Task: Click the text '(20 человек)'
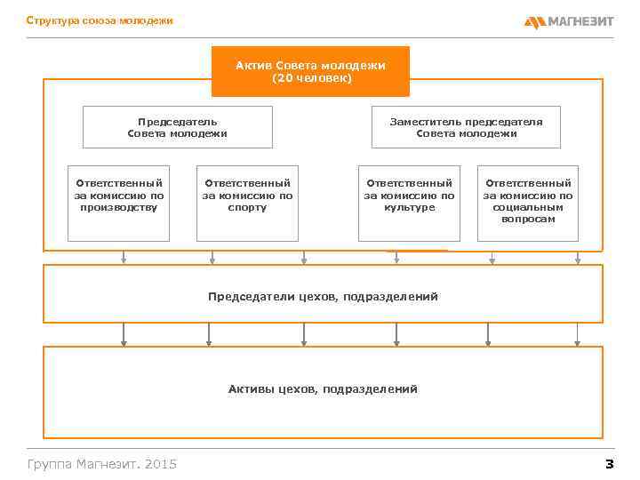click(310, 78)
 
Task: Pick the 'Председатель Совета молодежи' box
click(177, 127)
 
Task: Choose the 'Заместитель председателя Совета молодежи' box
click(466, 127)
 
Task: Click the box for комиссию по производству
click(118, 204)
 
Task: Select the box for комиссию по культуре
click(409, 204)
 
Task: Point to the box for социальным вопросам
click(528, 204)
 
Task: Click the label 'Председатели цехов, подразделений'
click(323, 296)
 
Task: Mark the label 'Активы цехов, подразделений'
click(323, 388)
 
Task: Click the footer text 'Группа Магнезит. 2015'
click(102, 463)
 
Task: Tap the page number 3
click(609, 463)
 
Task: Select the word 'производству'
click(118, 207)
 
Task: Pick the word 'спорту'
click(246, 207)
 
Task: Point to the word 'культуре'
click(409, 207)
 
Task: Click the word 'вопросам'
click(528, 219)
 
